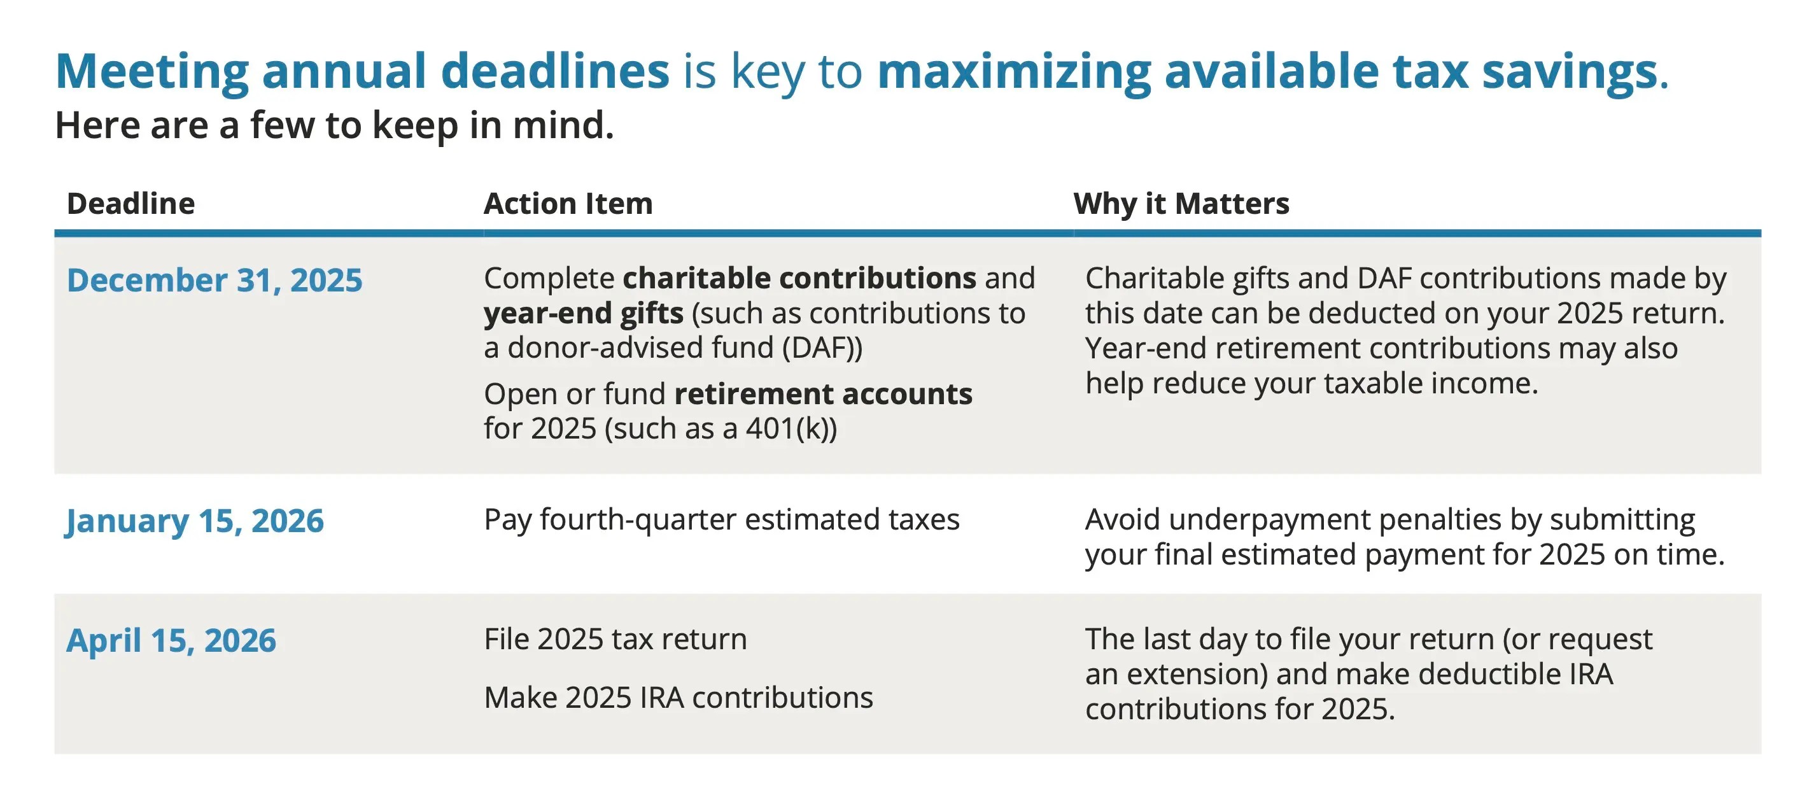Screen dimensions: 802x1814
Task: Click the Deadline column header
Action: [x=130, y=204]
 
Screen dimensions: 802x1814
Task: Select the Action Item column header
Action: [x=568, y=204]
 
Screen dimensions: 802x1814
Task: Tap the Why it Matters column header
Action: [x=1181, y=204]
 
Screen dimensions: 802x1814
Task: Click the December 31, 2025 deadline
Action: [x=214, y=280]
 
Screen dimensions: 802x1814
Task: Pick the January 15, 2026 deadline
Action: [x=194, y=521]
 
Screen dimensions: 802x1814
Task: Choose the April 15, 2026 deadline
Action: [x=171, y=641]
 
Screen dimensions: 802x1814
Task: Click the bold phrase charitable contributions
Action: [x=799, y=278]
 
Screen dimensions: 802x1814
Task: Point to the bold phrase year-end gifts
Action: [x=583, y=313]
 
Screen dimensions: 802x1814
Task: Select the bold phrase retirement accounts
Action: [x=822, y=393]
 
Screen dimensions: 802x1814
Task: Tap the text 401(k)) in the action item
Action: [x=791, y=429]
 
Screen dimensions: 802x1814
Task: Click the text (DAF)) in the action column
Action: [x=822, y=348]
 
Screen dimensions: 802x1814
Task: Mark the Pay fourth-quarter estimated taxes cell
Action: [x=721, y=519]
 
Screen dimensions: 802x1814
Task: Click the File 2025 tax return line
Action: [x=615, y=639]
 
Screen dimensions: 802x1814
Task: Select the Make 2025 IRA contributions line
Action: [x=678, y=698]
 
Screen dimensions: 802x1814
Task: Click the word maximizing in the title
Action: [x=1014, y=71]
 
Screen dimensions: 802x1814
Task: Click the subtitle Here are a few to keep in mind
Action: [x=335, y=125]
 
